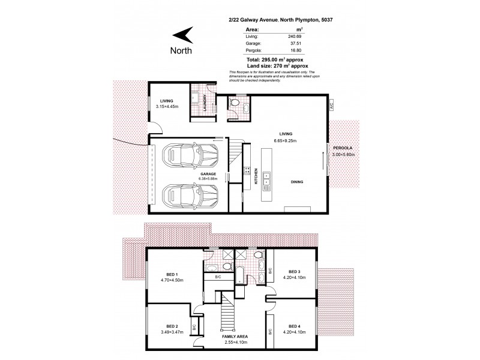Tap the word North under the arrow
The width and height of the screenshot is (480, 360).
coord(182,50)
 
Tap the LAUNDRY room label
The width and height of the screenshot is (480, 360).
coord(205,104)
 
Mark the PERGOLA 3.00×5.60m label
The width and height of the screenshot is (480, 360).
coord(344,151)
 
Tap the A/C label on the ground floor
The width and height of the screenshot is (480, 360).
coord(330,104)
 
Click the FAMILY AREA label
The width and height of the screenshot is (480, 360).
coord(234,337)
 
